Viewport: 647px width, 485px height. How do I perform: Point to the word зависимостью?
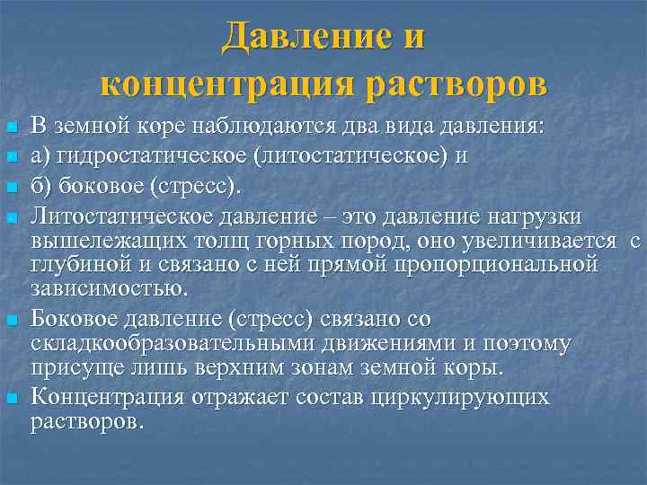coord(110,288)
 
